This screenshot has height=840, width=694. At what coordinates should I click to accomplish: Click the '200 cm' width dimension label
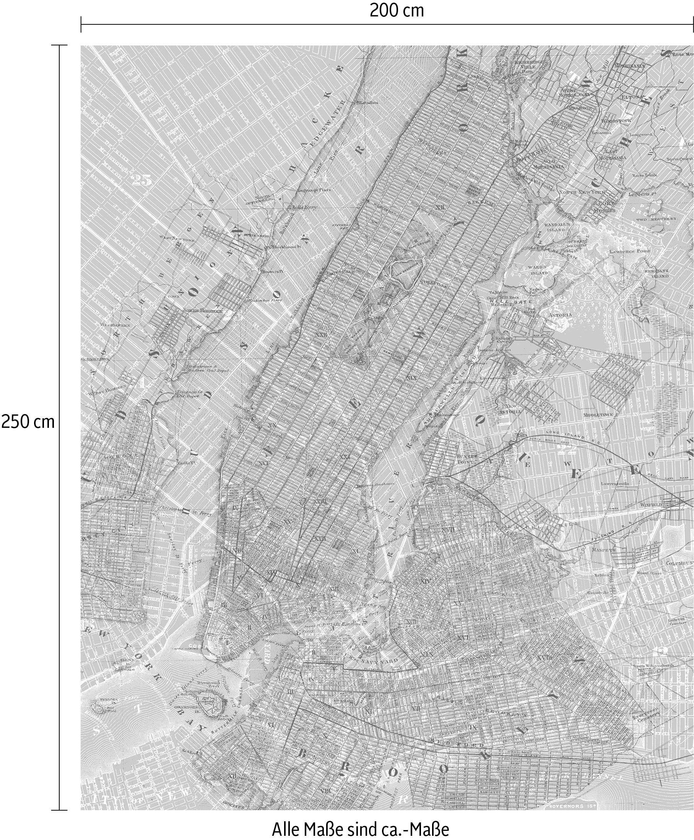[396, 10]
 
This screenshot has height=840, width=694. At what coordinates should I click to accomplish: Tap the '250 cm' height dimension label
[28, 421]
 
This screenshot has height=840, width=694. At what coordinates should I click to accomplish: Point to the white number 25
[141, 180]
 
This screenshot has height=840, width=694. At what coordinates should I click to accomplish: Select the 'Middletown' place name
[598, 415]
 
